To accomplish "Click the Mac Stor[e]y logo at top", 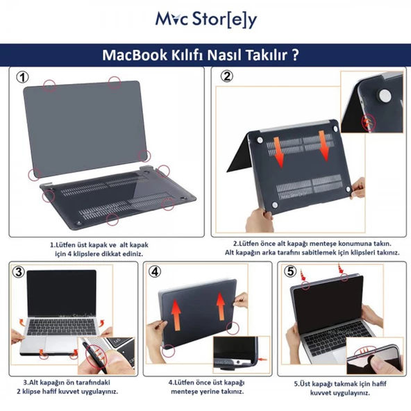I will pos(205,19).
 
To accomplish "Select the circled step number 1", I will pos(24,78).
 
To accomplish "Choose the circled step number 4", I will pos(157,271).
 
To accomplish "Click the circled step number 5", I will pos(291,271).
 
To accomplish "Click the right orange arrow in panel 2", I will pos(326,146).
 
